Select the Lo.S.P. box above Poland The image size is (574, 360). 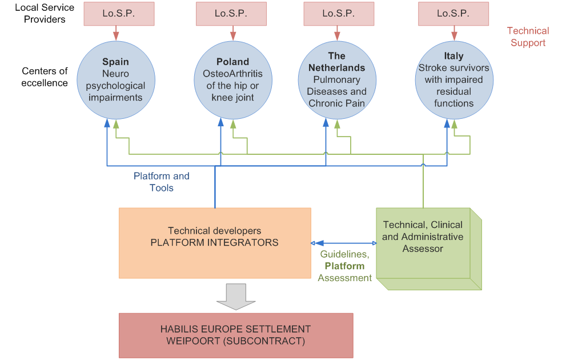(227, 14)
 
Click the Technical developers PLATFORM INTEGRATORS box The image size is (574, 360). (215, 242)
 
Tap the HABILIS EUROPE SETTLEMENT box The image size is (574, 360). (235, 335)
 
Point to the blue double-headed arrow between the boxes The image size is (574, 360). (343, 242)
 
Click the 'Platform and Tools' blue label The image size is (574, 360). (162, 182)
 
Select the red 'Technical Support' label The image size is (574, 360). (528, 37)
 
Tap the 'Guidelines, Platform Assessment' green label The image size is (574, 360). (344, 266)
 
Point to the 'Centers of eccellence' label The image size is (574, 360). (45, 77)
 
